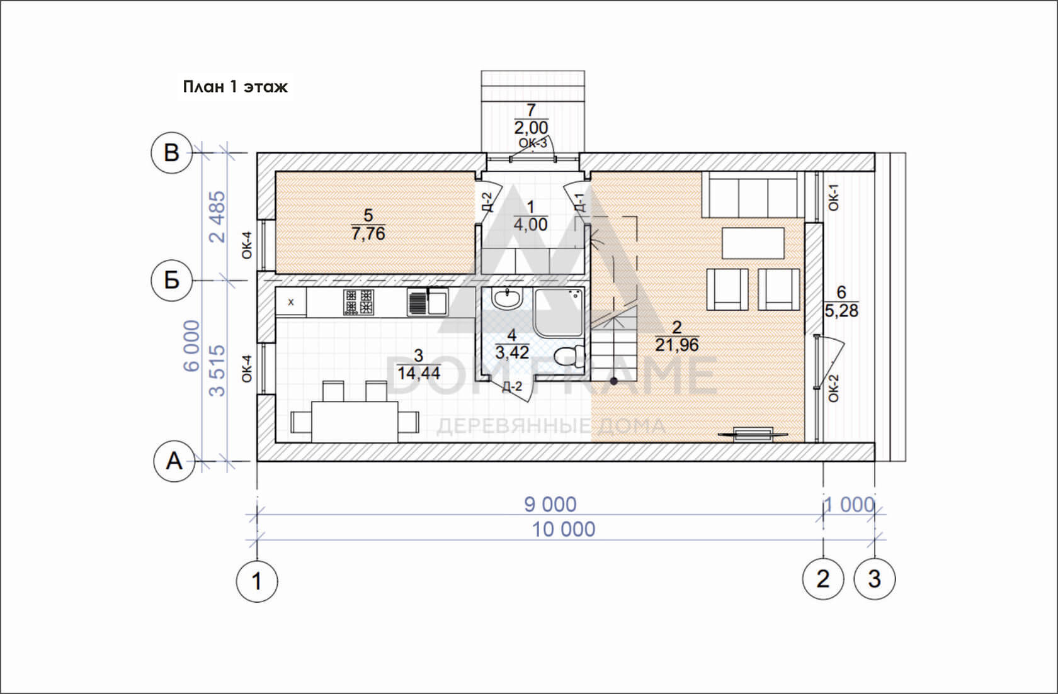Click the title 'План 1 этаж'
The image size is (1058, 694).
click(x=236, y=87)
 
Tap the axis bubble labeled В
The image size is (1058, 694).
click(x=171, y=153)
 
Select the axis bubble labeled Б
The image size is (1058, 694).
click(x=171, y=281)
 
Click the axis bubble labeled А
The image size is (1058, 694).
click(x=174, y=461)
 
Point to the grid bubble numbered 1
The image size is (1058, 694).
click(x=257, y=581)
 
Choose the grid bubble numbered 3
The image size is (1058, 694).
click(x=875, y=578)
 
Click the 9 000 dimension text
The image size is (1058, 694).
click(x=550, y=505)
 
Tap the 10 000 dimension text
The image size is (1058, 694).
click(x=564, y=529)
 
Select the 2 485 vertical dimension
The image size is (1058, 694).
click(x=217, y=216)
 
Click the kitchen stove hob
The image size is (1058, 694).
click(x=358, y=302)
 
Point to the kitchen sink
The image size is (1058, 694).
click(x=428, y=302)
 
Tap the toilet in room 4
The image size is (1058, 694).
click(x=569, y=357)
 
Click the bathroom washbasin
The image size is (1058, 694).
click(x=507, y=299)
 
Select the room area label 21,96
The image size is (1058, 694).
click(x=677, y=345)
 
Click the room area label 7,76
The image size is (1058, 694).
click(x=368, y=233)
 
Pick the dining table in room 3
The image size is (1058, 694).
click(x=355, y=422)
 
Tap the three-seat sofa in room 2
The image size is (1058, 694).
click(x=753, y=194)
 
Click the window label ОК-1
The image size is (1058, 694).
click(x=834, y=197)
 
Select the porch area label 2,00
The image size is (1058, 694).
click(x=532, y=127)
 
